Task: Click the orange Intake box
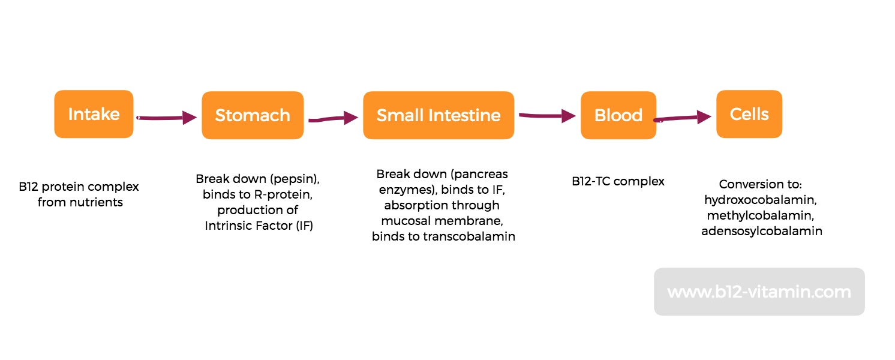(94, 114)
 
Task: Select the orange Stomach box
(252, 115)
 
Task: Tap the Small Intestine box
(438, 115)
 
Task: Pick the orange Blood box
(618, 115)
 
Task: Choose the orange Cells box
(749, 114)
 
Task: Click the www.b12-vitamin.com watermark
(759, 292)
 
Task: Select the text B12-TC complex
(618, 181)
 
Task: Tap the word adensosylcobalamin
(762, 231)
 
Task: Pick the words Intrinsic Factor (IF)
(259, 226)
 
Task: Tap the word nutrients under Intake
(97, 202)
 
